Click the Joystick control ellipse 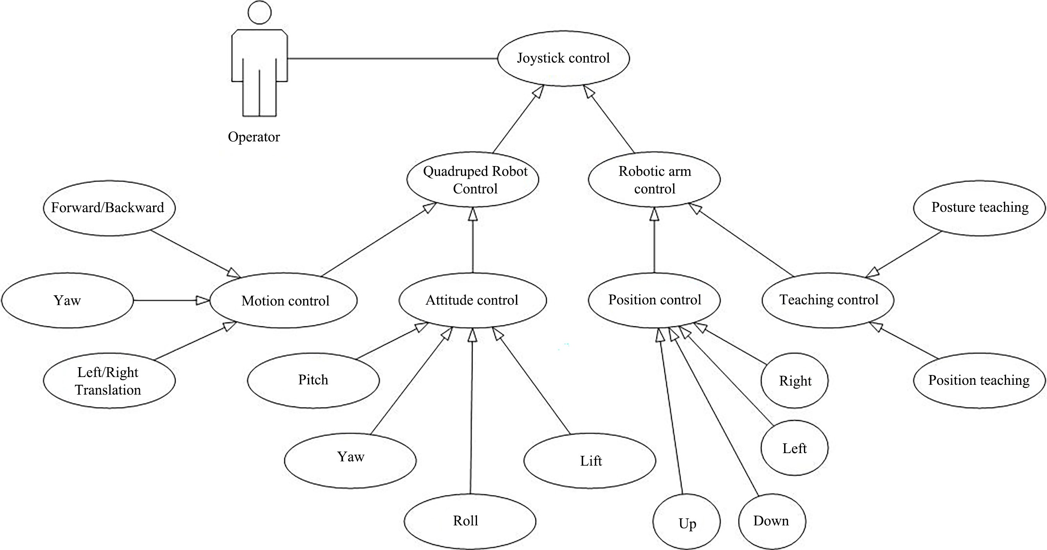pos(563,58)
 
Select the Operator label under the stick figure pos(254,137)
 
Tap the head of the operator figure pos(260,12)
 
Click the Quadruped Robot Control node pos(473,180)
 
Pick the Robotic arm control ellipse pos(654,180)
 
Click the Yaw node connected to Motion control pos(68,300)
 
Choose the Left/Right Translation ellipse pos(109,381)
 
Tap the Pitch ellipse pos(313,380)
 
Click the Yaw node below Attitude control pos(350,457)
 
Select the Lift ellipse pos(590,461)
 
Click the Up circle pos(686,522)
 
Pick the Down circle pos(772,521)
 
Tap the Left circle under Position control pos(794,448)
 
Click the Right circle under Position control pos(794,381)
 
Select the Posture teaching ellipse pos(979,208)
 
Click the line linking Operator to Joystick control pos(392,59)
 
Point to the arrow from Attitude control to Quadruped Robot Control pos(473,240)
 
